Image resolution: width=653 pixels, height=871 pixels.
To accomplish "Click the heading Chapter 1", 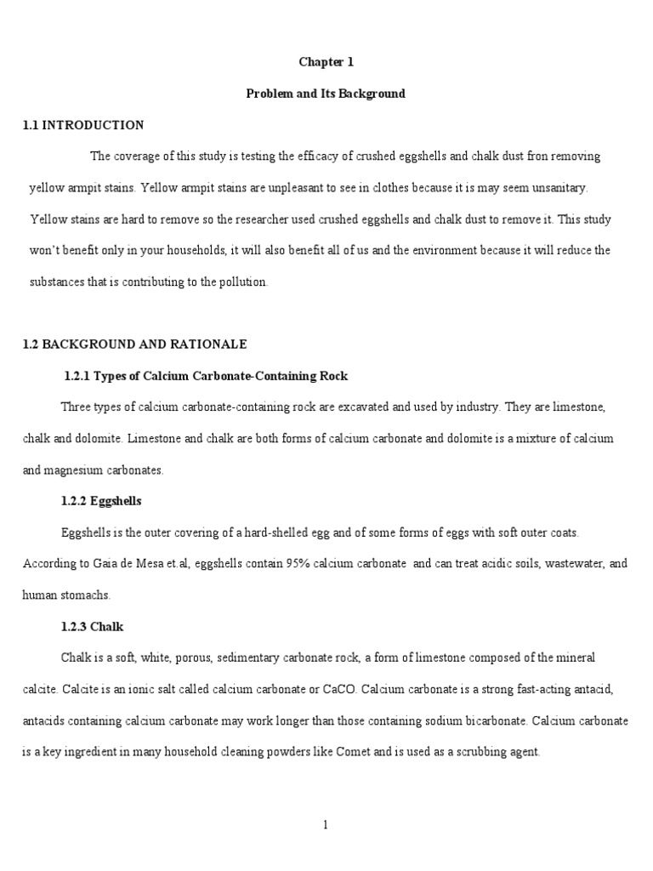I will tap(326, 62).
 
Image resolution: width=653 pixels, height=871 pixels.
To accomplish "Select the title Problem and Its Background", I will tap(326, 94).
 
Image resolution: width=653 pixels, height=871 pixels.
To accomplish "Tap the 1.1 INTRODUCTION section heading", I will tap(83, 125).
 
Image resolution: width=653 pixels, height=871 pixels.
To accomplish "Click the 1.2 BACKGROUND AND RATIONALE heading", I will tap(134, 344).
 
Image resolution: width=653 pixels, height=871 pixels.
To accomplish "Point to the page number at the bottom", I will tap(326, 823).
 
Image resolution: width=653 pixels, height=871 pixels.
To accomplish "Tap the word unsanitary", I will tap(572, 188).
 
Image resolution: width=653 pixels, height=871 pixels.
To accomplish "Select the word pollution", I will tap(244, 282).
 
